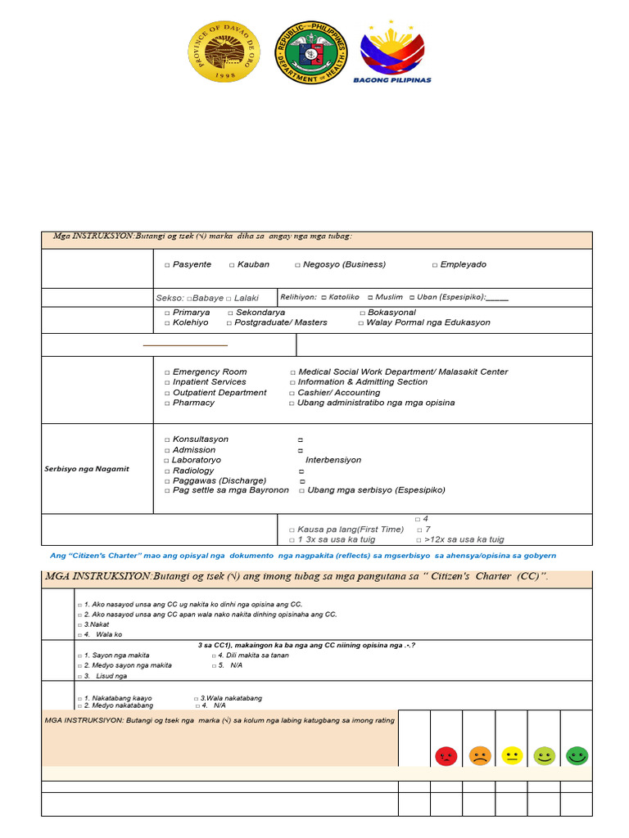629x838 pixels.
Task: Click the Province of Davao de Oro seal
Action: pyautogui.click(x=224, y=52)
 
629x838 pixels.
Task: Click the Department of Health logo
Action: pyautogui.click(x=311, y=52)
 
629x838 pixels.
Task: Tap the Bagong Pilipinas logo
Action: pyautogui.click(x=392, y=52)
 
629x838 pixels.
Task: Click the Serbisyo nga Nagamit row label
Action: pyautogui.click(x=87, y=469)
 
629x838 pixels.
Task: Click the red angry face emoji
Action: pyautogui.click(x=446, y=756)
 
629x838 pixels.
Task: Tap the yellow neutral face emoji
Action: pyautogui.click(x=512, y=756)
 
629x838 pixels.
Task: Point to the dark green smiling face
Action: pyautogui.click(x=577, y=756)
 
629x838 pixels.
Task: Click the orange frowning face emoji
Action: pyautogui.click(x=479, y=756)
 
